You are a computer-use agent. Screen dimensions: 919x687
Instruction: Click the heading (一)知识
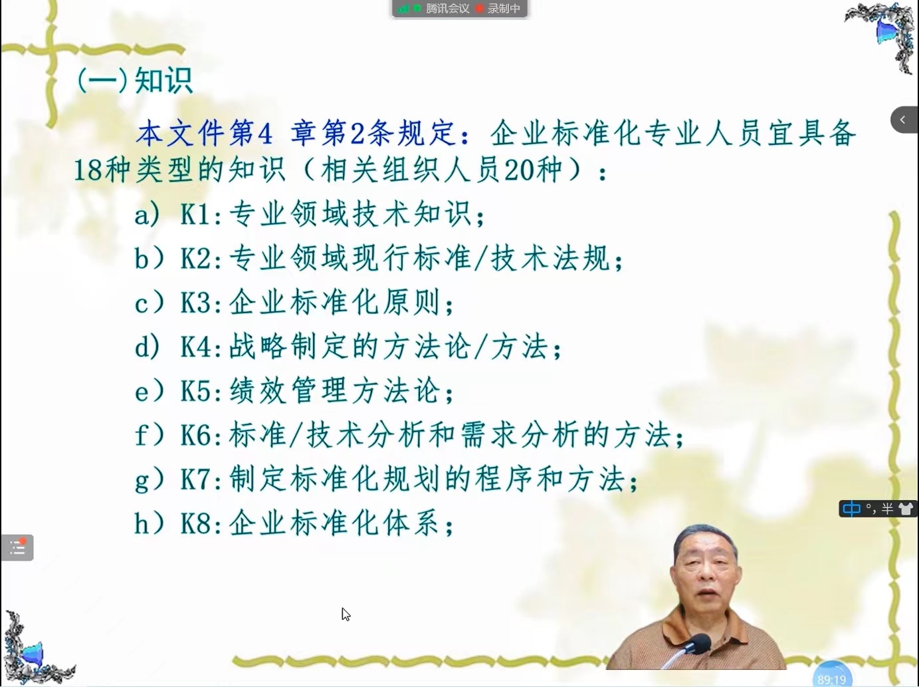click(135, 80)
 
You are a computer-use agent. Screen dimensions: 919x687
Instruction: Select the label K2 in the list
click(195, 258)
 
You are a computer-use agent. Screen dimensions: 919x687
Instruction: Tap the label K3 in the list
click(195, 303)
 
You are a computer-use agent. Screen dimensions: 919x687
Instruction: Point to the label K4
click(195, 347)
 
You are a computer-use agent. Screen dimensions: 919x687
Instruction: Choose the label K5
click(195, 392)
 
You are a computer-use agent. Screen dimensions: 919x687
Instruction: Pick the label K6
click(195, 436)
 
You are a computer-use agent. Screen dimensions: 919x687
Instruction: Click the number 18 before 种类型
click(87, 170)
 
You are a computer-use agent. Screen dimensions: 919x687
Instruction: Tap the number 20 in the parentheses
click(518, 170)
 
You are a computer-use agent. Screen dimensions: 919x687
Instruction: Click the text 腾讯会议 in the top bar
click(447, 9)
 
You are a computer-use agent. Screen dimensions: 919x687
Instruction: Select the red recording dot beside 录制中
click(480, 8)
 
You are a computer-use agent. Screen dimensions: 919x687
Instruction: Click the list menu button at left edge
click(17, 547)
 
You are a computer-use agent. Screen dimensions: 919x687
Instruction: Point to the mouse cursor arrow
click(346, 614)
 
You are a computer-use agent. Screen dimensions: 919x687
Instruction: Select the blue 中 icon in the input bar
click(851, 509)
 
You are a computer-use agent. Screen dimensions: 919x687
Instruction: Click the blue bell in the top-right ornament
click(886, 31)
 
